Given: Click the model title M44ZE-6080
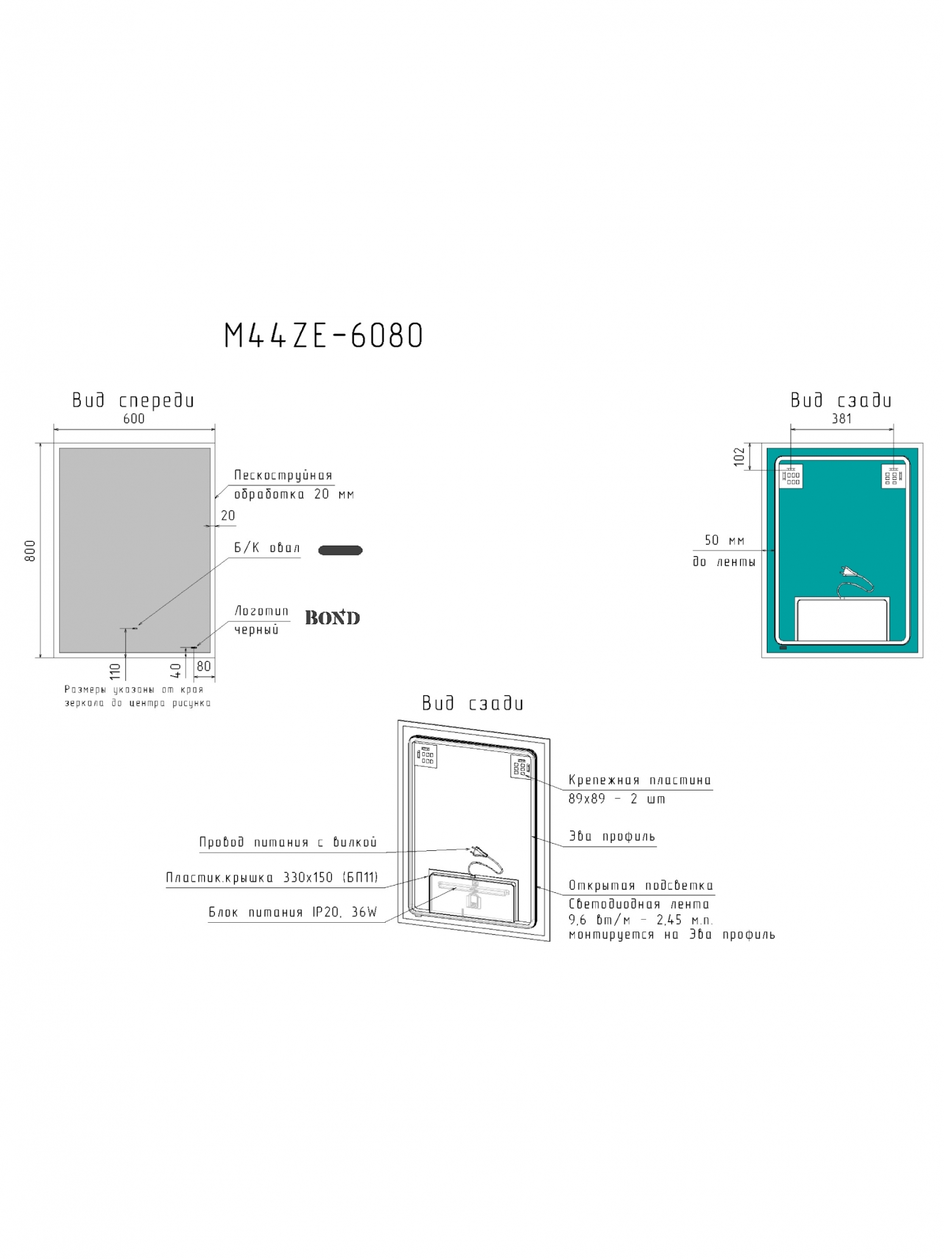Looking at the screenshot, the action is click(x=323, y=336).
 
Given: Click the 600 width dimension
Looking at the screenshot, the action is click(x=134, y=418).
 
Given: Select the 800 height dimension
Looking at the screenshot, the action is click(x=30, y=551).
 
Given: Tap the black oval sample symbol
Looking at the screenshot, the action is click(x=340, y=550).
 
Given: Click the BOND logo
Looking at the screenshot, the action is click(x=333, y=618).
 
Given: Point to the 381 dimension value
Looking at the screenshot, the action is click(x=842, y=418).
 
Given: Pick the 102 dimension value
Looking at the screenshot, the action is click(x=739, y=457).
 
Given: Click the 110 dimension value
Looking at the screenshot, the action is click(x=115, y=671).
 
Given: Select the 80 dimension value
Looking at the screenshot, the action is click(x=203, y=666).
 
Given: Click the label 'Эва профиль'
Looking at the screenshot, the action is click(x=612, y=837).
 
